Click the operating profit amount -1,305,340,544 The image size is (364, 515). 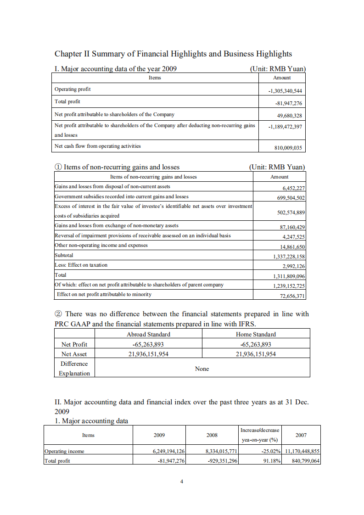(285, 91)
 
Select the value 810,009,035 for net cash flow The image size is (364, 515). (288, 148)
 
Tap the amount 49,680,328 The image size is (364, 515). (289, 115)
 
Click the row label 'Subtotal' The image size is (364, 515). (64, 255)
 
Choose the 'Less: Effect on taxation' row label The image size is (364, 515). (81, 265)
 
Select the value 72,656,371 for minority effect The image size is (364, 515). (292, 296)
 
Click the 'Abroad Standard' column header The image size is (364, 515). (148, 334)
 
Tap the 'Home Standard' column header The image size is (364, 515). (256, 334)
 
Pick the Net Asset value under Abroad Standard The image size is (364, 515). (148, 354)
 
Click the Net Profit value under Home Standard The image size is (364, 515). (256, 344)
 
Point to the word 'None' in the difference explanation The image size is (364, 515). (202, 369)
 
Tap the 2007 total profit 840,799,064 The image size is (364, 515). (305, 461)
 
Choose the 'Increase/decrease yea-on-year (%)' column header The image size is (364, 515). (259, 434)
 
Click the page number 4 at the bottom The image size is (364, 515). (182, 481)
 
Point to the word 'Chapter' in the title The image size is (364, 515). (69, 54)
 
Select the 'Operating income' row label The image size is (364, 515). (64, 451)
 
